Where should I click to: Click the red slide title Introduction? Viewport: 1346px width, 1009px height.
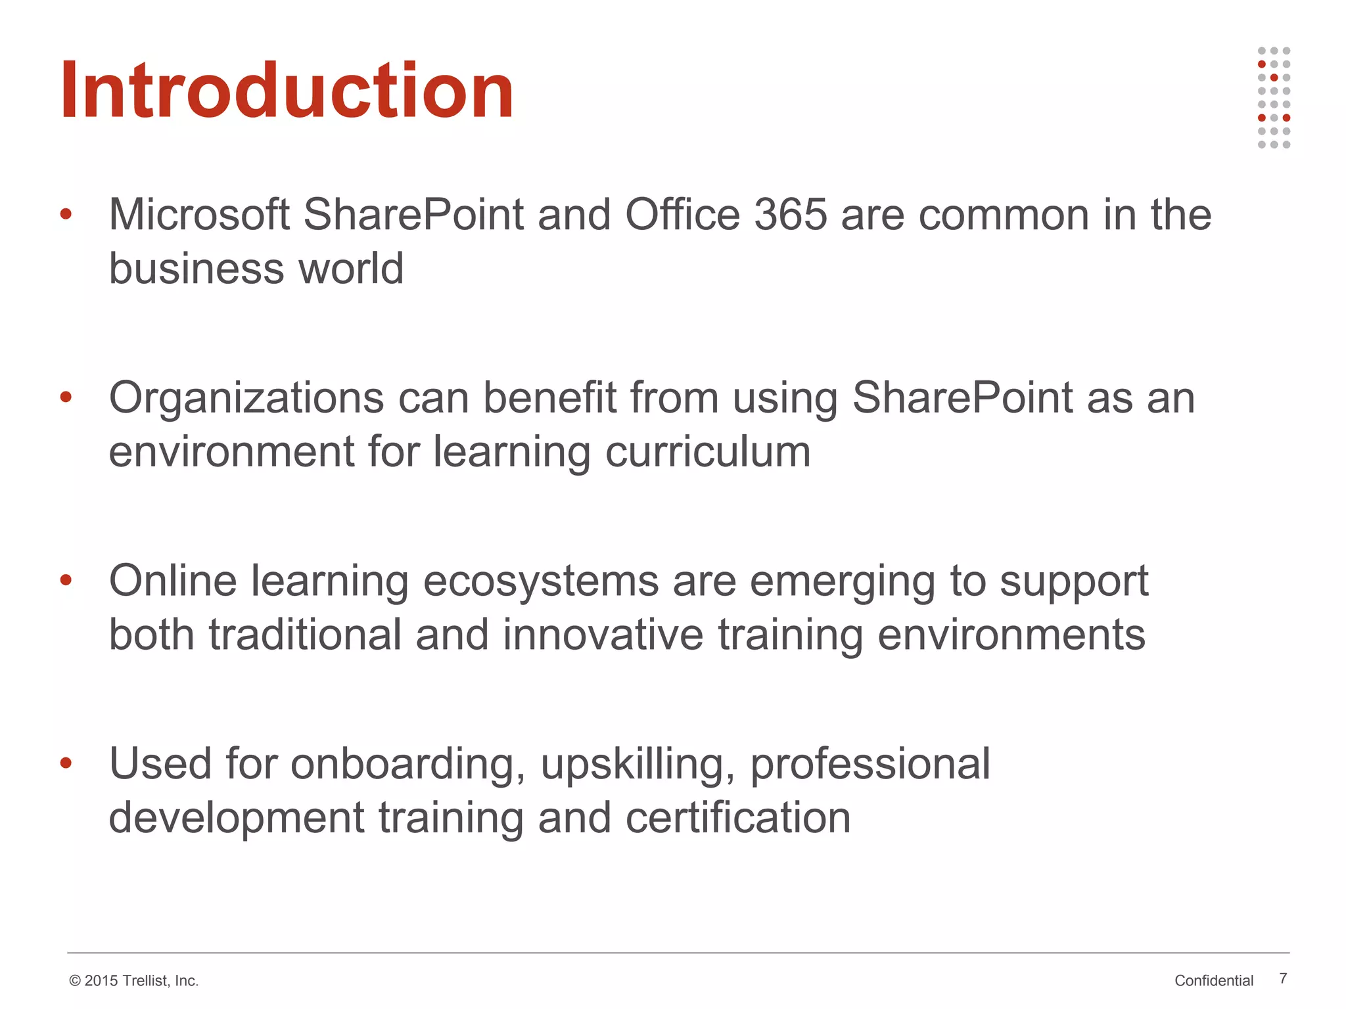(287, 90)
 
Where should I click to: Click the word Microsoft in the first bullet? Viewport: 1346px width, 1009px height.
(198, 215)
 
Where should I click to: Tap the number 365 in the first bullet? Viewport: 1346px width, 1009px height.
(790, 215)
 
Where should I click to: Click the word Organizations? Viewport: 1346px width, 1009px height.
(246, 398)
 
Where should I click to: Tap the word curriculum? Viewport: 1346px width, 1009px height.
(708, 452)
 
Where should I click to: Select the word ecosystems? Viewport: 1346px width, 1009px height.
(540, 582)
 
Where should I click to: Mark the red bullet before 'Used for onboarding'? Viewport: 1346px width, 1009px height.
(66, 763)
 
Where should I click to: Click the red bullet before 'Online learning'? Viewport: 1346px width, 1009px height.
(66, 580)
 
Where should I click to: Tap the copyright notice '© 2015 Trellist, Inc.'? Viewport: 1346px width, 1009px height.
(133, 981)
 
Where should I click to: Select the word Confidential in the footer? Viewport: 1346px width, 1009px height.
(1214, 981)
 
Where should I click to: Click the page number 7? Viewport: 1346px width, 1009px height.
(1283, 978)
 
